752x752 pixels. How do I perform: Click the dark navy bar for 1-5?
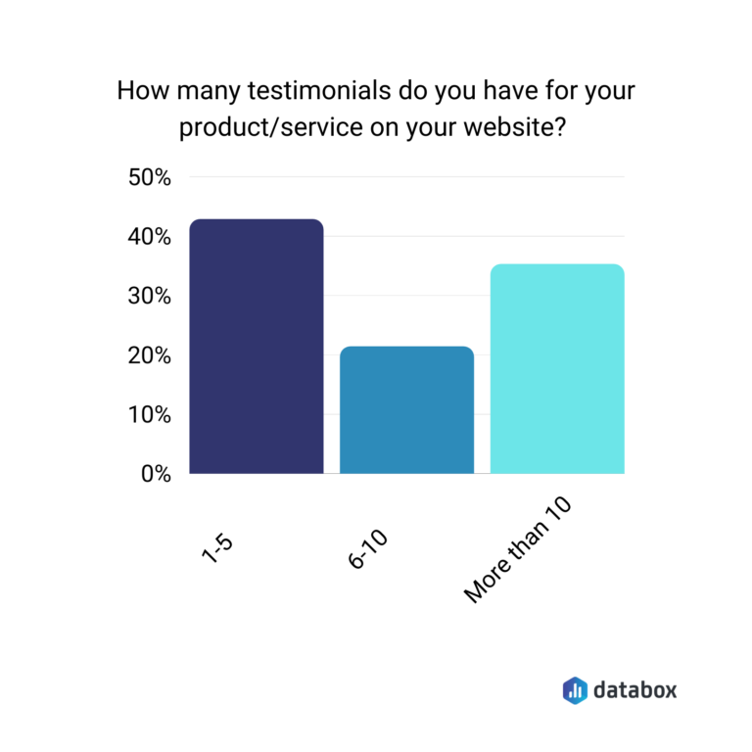pyautogui.click(x=256, y=347)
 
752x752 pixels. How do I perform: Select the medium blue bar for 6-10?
pyautogui.click(x=406, y=410)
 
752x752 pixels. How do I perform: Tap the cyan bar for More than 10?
pyautogui.click(x=556, y=369)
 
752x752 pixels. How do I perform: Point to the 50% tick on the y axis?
pyautogui.click(x=150, y=178)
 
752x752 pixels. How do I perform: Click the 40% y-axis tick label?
pyautogui.click(x=150, y=237)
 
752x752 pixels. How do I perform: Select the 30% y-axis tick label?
pyautogui.click(x=150, y=297)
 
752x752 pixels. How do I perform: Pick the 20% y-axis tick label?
pyautogui.click(x=150, y=355)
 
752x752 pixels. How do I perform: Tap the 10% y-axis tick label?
pyautogui.click(x=150, y=414)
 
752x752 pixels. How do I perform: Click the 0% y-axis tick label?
pyautogui.click(x=155, y=474)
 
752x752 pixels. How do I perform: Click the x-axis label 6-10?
pyautogui.click(x=368, y=549)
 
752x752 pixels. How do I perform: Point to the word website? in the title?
pyautogui.click(x=519, y=129)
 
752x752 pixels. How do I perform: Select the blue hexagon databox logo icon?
pyautogui.click(x=575, y=689)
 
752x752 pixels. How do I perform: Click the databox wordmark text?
pyautogui.click(x=634, y=689)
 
